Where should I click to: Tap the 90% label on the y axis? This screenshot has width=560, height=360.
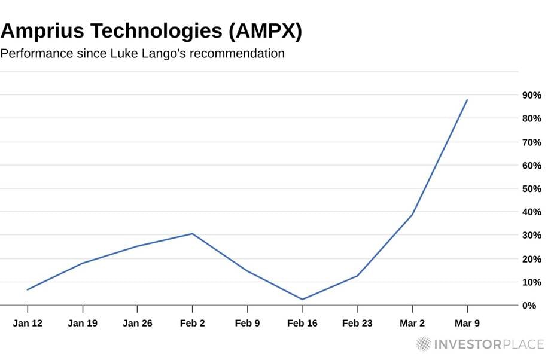(x=531, y=95)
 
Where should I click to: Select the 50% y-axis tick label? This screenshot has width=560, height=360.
(x=531, y=189)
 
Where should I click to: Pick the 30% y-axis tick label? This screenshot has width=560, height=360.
(x=531, y=236)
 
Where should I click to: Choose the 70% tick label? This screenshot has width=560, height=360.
(x=531, y=142)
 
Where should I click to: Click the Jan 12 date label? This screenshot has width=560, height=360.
(x=28, y=323)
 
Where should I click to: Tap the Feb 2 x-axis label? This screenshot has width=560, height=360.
(x=192, y=323)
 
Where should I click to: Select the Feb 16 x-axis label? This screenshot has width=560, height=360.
(x=302, y=323)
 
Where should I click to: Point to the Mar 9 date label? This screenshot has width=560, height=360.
(x=467, y=323)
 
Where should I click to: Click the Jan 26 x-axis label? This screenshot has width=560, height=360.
(x=137, y=323)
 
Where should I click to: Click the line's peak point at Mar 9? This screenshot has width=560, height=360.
(x=467, y=100)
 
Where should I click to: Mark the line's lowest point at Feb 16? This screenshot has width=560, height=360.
(x=302, y=300)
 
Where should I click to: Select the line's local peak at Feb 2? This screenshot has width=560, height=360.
(x=192, y=234)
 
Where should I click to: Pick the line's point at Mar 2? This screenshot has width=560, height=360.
(x=412, y=215)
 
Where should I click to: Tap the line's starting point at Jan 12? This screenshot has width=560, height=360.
(x=28, y=289)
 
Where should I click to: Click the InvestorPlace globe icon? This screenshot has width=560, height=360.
(x=424, y=344)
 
